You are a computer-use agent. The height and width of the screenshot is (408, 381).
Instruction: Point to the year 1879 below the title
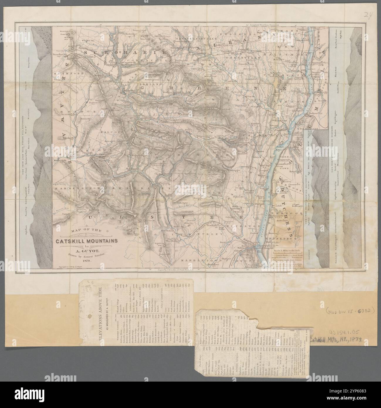pyautogui.click(x=85, y=260)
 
